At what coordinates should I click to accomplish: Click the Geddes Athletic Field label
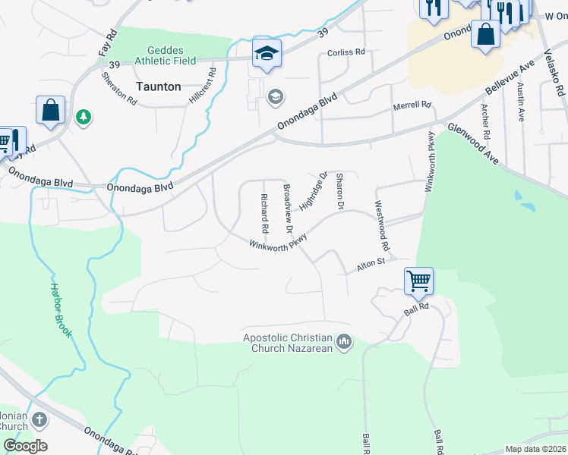tap(166, 55)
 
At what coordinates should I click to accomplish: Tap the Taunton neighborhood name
tap(158, 86)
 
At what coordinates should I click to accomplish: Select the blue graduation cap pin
tap(267, 52)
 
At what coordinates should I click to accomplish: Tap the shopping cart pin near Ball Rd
tap(418, 281)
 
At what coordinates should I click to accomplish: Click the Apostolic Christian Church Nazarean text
tap(288, 344)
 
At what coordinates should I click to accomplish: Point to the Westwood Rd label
tap(381, 226)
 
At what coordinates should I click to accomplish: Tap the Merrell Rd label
tap(412, 106)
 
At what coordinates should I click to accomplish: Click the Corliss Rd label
tap(346, 52)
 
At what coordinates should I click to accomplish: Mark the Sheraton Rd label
tap(118, 89)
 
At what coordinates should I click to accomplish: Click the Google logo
tap(25, 446)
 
